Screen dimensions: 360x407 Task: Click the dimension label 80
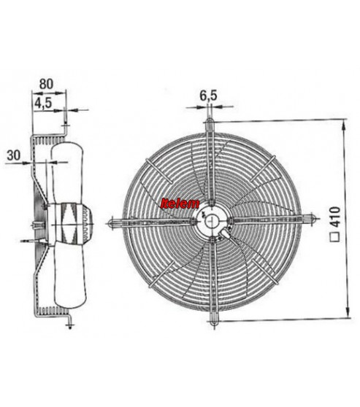(x=46, y=84)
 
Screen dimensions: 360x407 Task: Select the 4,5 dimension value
(x=43, y=104)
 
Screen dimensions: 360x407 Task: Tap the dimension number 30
(x=14, y=155)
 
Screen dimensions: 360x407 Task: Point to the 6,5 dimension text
(x=208, y=96)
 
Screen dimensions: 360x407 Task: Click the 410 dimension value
(x=335, y=217)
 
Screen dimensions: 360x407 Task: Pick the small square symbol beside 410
(x=335, y=238)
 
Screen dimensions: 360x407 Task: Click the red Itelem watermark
(x=180, y=204)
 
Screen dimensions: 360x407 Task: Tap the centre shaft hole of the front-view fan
(x=212, y=222)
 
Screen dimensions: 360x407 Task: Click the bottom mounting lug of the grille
(x=214, y=319)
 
